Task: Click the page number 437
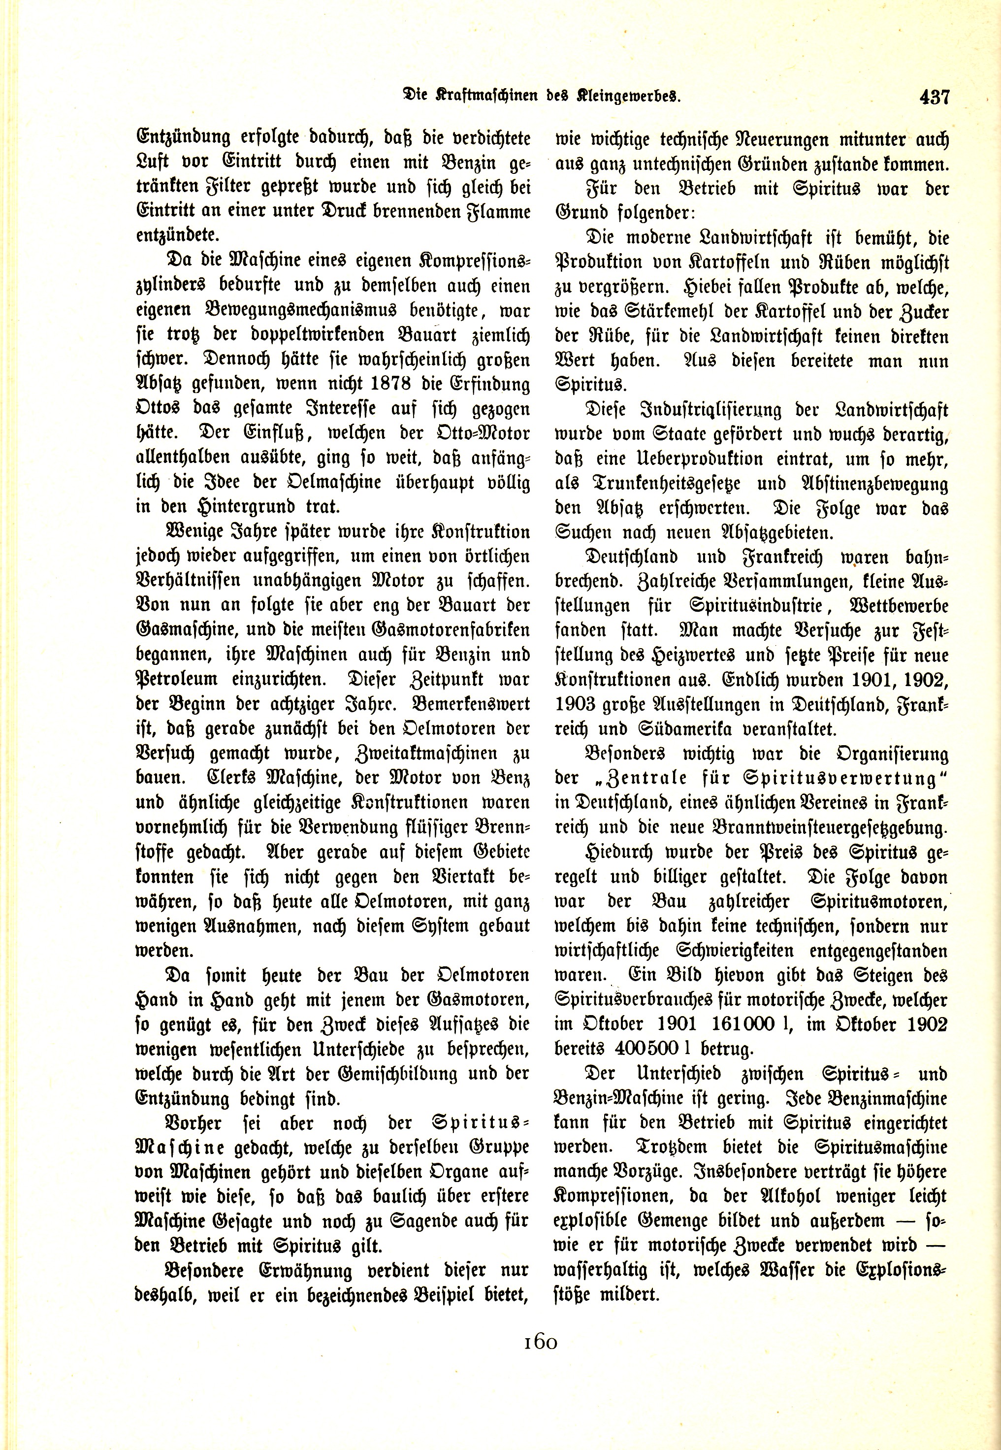tap(935, 98)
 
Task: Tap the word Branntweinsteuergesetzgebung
tap(825, 827)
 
